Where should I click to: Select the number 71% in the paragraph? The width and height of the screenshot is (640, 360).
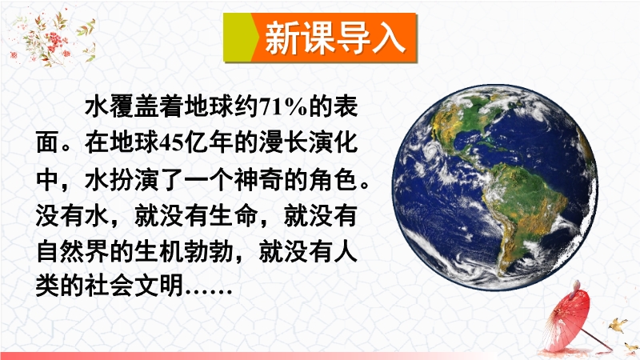click(x=282, y=107)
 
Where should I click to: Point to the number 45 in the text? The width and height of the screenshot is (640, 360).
click(x=171, y=143)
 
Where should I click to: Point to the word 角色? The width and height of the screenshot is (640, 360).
click(x=333, y=179)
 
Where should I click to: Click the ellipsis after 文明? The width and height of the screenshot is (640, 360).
click(x=209, y=292)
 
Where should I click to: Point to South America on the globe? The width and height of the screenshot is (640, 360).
click(x=526, y=212)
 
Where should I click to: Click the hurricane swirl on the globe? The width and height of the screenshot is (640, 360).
click(x=430, y=152)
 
